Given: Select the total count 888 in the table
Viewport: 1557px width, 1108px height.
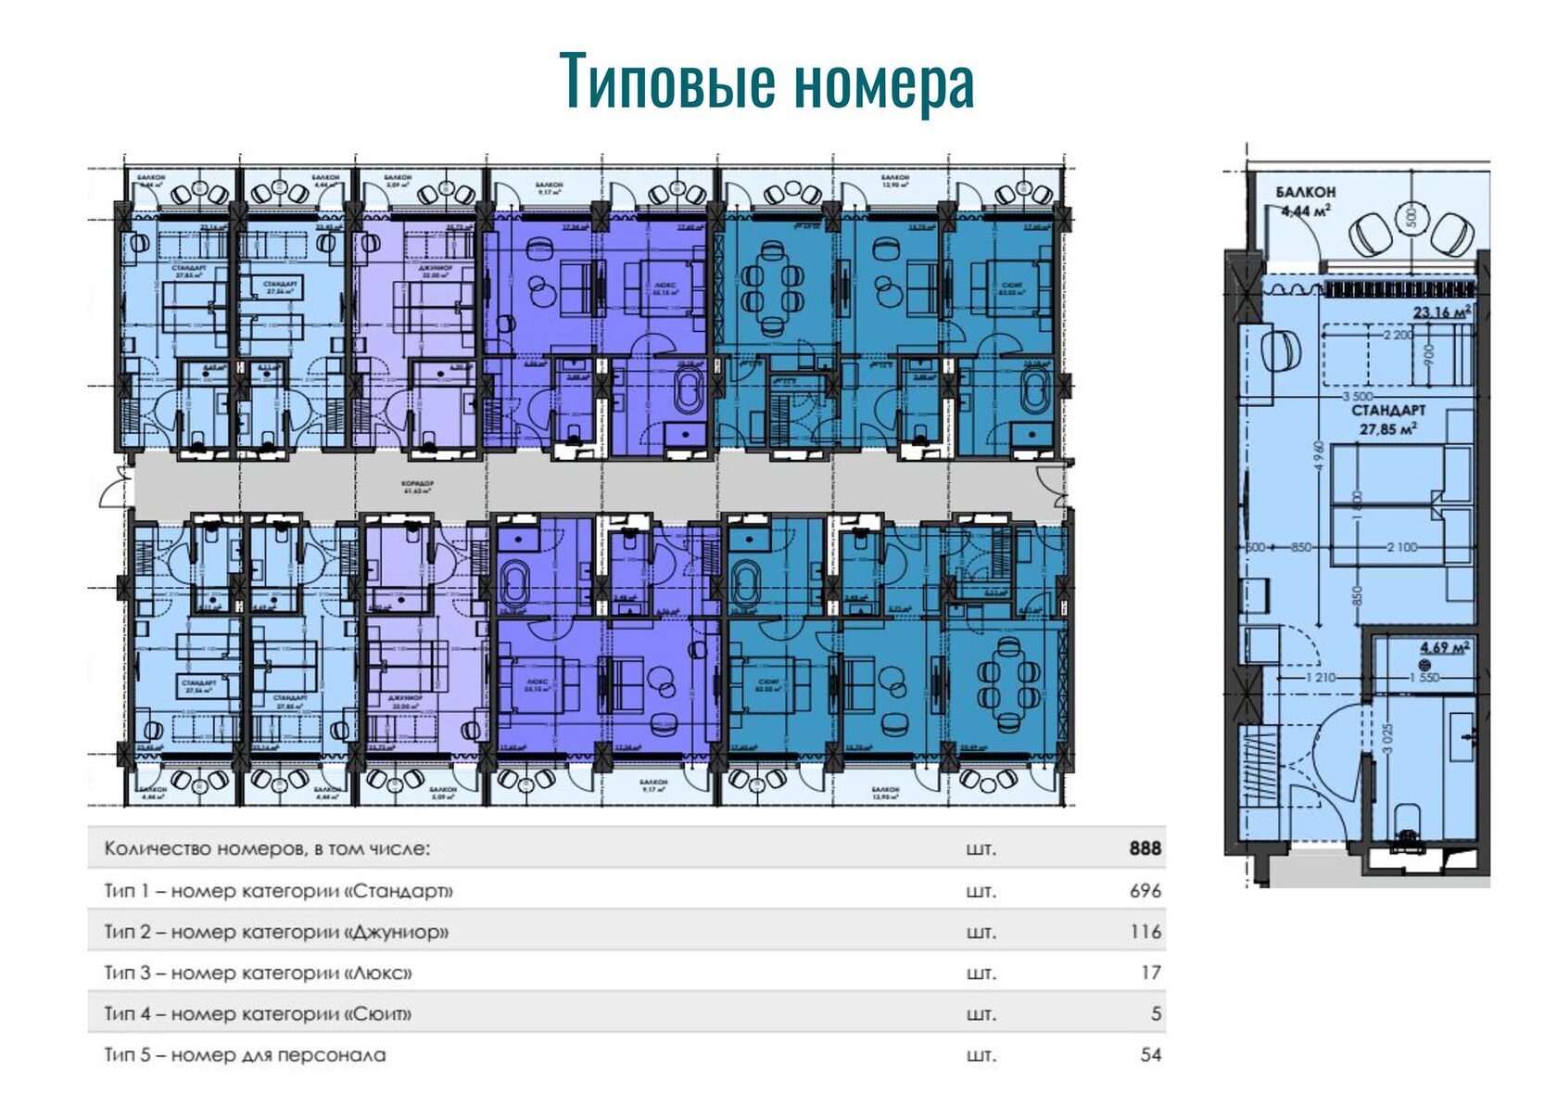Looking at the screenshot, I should coord(1145,848).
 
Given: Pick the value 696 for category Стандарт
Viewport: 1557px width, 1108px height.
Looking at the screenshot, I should coord(1145,891).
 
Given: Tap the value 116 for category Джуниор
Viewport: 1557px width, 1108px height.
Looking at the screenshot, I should coord(1146,932).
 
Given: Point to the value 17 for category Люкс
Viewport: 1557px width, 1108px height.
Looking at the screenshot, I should coord(1150,973).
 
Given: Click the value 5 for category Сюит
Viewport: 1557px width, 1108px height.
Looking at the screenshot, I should coord(1156,1013).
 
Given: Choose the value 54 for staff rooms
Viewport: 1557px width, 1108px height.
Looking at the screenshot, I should coord(1150,1054).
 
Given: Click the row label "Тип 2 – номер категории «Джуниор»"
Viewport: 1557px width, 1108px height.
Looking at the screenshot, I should coord(276,932).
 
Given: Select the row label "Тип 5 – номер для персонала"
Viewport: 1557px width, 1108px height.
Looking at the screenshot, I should coord(245,1054).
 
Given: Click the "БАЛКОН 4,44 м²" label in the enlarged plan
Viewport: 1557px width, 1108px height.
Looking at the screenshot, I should coord(1305,201).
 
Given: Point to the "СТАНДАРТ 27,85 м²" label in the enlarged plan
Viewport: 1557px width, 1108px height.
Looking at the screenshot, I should coord(1387,419).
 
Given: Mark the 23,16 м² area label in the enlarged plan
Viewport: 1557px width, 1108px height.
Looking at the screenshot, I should coord(1441,312).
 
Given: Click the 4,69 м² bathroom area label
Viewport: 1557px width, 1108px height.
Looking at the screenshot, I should coord(1444,647).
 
